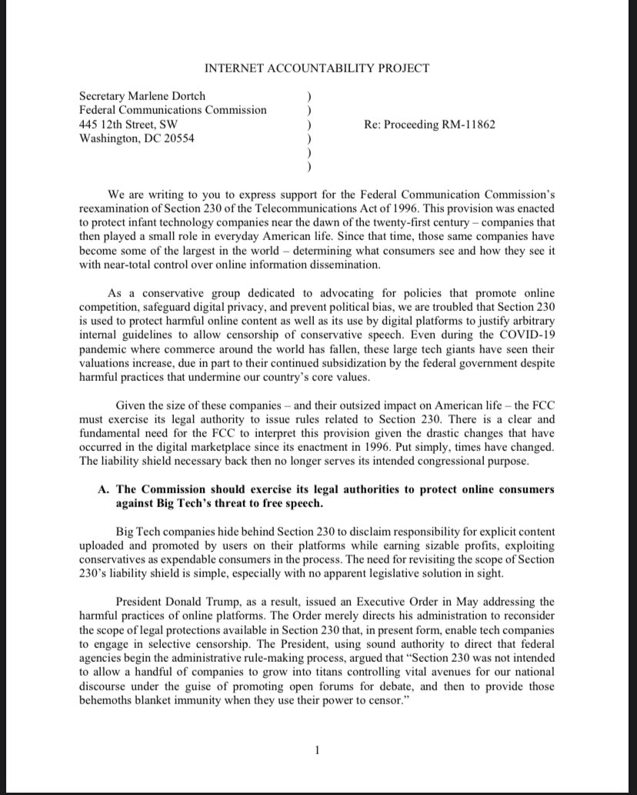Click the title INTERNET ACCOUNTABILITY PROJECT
click(x=318, y=68)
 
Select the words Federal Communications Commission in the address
click(x=173, y=110)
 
